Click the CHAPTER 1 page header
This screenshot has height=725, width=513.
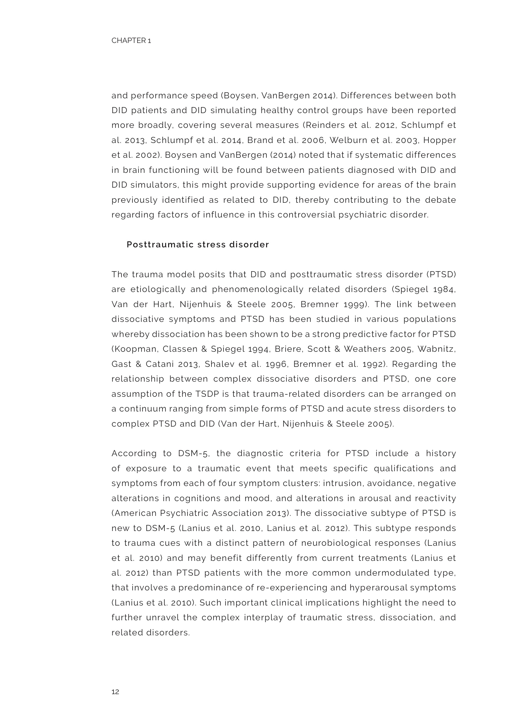131,41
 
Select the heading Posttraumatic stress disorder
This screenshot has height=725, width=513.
198,245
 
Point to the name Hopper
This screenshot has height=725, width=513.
440,140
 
